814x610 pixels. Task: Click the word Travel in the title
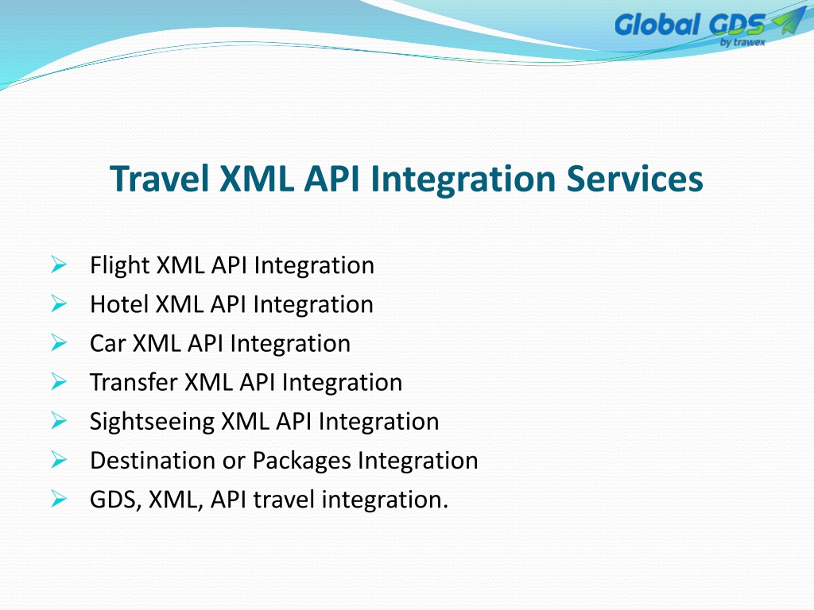[159, 179]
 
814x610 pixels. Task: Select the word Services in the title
[634, 179]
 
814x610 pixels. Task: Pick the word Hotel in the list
[119, 304]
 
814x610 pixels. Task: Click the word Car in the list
[108, 343]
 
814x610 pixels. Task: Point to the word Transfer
[134, 382]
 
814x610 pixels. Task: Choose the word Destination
[153, 461]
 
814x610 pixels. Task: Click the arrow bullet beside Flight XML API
[59, 264]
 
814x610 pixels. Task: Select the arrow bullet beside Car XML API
[59, 342]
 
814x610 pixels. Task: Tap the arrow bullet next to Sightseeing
[59, 421]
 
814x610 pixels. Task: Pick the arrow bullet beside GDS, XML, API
[59, 499]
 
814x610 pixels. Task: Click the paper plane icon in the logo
[788, 21]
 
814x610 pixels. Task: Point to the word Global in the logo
[657, 25]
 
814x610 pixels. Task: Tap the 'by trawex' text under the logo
[742, 42]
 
